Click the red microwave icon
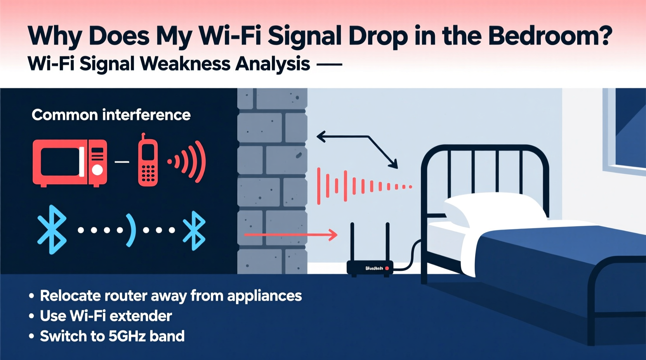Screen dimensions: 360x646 69,163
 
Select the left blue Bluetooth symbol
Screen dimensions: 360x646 52,230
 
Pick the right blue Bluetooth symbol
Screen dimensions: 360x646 194,230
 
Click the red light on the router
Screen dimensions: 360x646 387,268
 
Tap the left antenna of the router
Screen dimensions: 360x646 353,242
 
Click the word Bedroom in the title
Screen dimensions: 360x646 550,36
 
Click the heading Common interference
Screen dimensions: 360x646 111,115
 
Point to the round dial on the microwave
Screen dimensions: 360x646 97,170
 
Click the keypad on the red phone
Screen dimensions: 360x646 148,173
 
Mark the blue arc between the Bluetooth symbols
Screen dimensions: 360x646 132,230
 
